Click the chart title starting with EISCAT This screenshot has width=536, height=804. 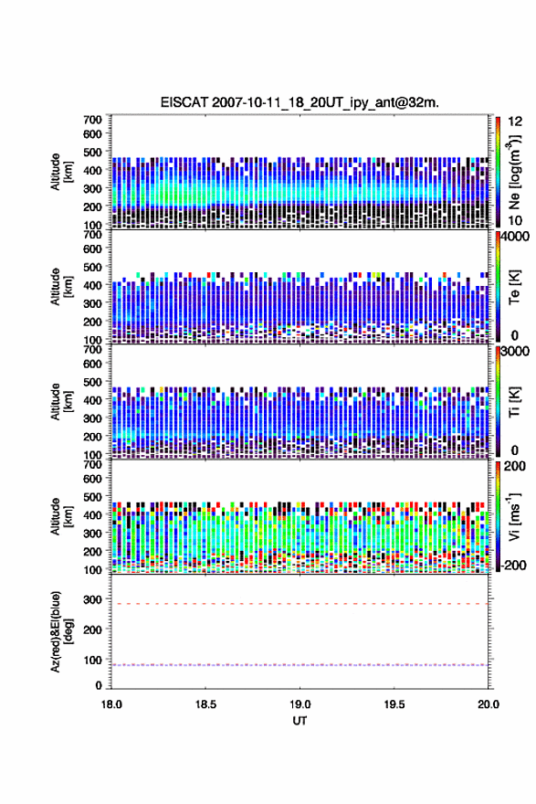(x=300, y=102)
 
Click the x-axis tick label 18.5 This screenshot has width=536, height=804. (x=205, y=704)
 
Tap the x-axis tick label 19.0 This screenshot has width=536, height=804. (x=300, y=704)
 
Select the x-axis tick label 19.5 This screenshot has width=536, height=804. (x=394, y=704)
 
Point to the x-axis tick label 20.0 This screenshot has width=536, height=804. (x=489, y=704)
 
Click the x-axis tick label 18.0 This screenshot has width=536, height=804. (x=111, y=704)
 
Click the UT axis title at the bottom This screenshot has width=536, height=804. (x=300, y=721)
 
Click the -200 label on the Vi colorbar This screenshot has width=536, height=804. (x=512, y=565)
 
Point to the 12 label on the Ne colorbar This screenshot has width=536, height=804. (x=516, y=122)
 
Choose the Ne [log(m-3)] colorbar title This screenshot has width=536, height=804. (x=515, y=173)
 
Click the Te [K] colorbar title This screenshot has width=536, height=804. (x=514, y=287)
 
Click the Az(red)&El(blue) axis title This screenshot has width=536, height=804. (x=62, y=631)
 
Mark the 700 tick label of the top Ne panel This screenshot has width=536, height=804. (x=93, y=120)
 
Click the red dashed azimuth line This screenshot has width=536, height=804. (x=300, y=604)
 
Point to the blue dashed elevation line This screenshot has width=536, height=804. (x=300, y=665)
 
